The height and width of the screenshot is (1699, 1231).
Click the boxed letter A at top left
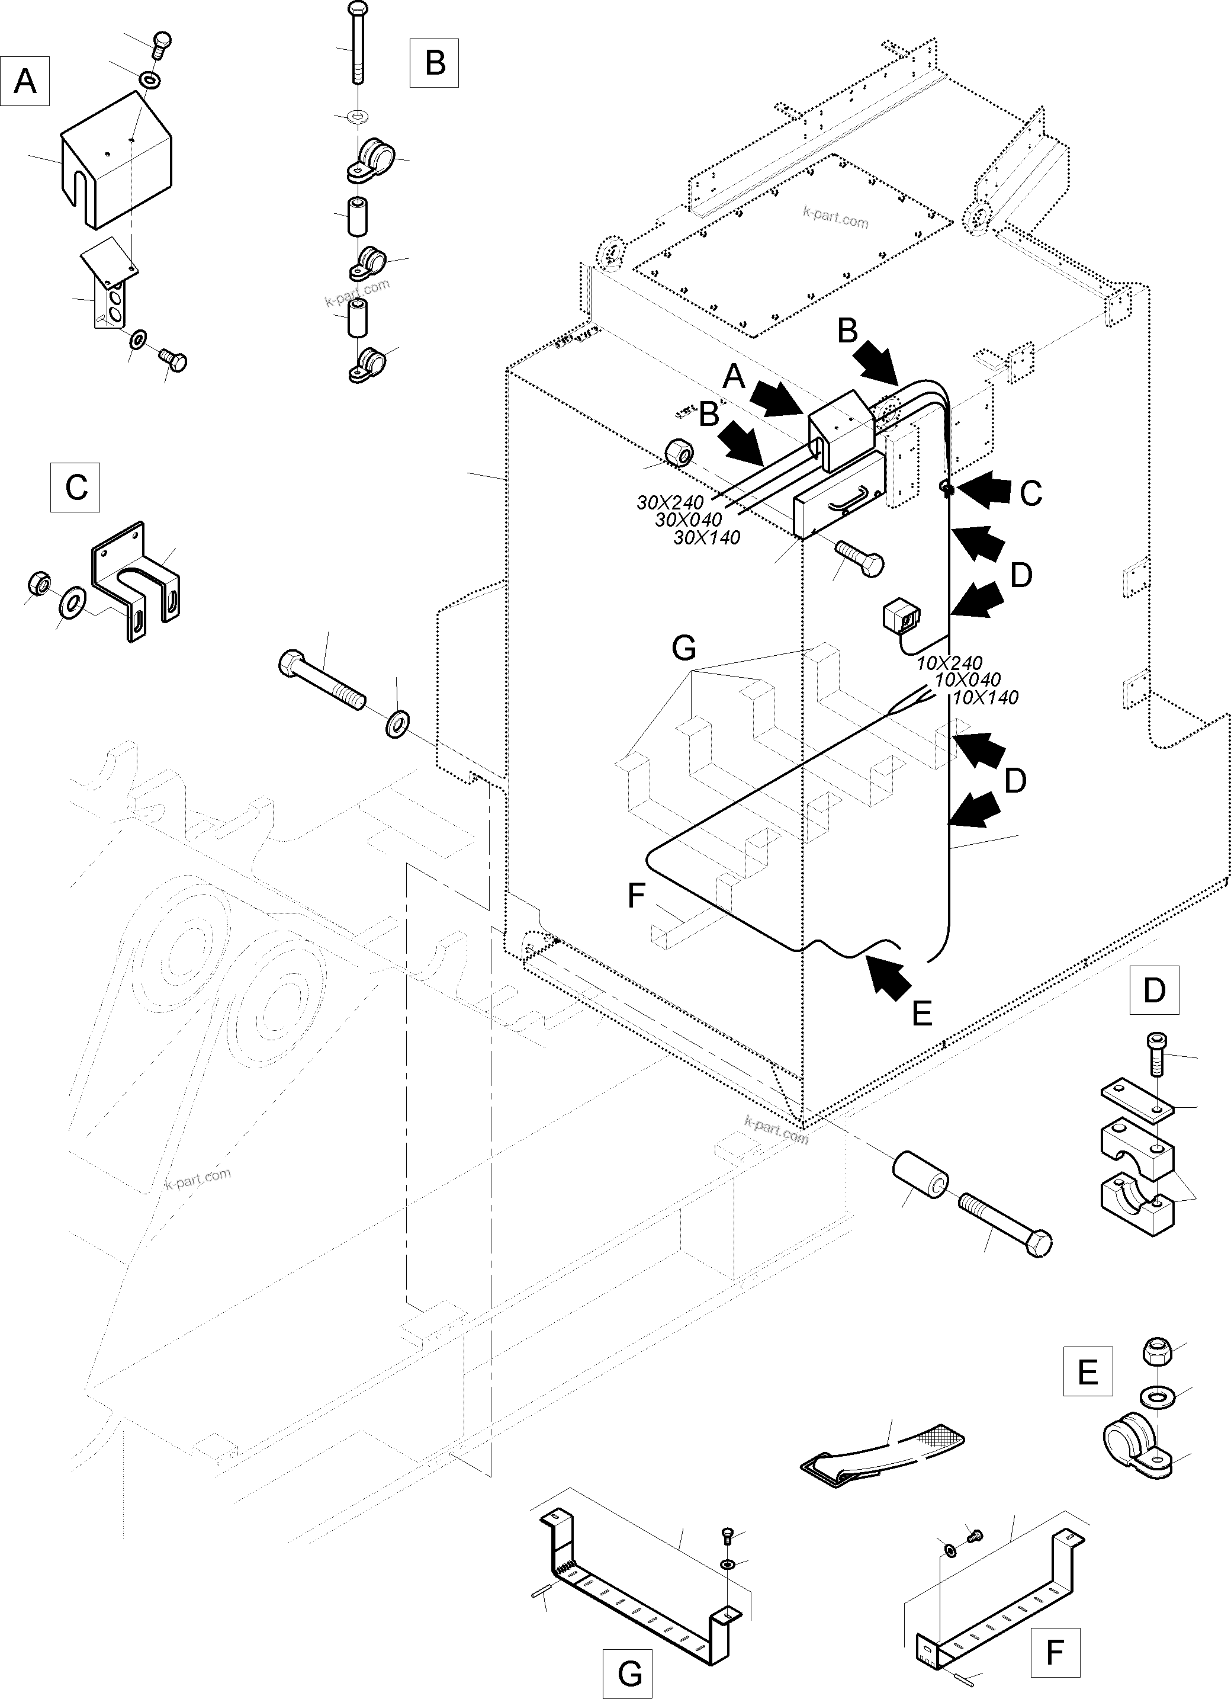click(x=25, y=80)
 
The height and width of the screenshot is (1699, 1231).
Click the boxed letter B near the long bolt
click(x=434, y=63)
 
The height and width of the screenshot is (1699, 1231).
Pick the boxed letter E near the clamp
click(x=1087, y=1371)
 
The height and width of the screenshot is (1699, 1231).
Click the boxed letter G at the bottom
click(x=630, y=1674)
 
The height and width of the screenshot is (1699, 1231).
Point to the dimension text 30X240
click(x=670, y=503)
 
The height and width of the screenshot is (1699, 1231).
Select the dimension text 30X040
click(x=688, y=520)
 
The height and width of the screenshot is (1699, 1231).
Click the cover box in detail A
click(x=116, y=161)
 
